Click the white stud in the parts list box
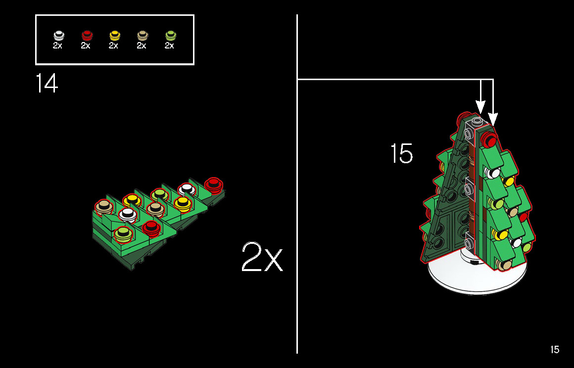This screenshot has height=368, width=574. coord(58,35)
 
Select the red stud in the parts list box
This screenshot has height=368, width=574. coord(87,35)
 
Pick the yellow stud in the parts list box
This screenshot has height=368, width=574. coord(115,35)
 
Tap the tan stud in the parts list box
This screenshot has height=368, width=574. coord(143,35)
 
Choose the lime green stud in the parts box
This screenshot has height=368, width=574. coord(171,35)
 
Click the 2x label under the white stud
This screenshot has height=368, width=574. coord(57,46)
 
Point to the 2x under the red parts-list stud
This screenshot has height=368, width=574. coord(85,46)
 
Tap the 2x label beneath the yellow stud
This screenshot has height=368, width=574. coord(113,46)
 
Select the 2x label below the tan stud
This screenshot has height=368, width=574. coord(142,46)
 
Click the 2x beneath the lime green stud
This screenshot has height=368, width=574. coord(169,46)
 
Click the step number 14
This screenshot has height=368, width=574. coord(47,83)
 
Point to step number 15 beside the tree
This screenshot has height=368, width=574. coord(402,153)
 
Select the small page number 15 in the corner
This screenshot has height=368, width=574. coord(555,350)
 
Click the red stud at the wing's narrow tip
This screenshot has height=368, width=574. coord(213,184)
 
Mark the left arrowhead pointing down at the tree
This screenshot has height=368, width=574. coord(480,107)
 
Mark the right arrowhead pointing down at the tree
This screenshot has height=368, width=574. coord(493,119)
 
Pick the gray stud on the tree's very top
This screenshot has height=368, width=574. coord(477,121)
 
